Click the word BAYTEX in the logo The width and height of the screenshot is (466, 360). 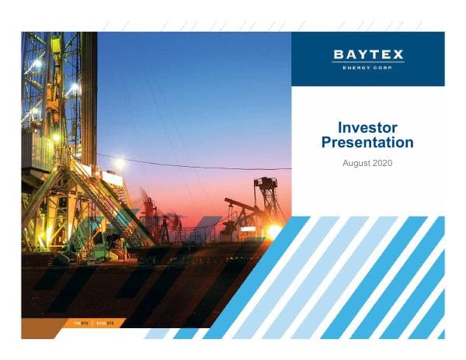tap(368, 54)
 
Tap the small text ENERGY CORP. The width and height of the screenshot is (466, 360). tap(368, 67)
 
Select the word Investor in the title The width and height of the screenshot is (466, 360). tap(367, 127)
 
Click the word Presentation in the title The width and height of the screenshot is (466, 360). tap(367, 143)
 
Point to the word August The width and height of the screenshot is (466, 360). tap(356, 164)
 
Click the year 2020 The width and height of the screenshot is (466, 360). tap(382, 164)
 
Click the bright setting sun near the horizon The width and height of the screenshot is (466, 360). tap(273, 230)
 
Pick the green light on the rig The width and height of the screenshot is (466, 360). tap(55, 137)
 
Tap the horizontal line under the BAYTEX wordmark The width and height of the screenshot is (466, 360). tap(368, 61)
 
